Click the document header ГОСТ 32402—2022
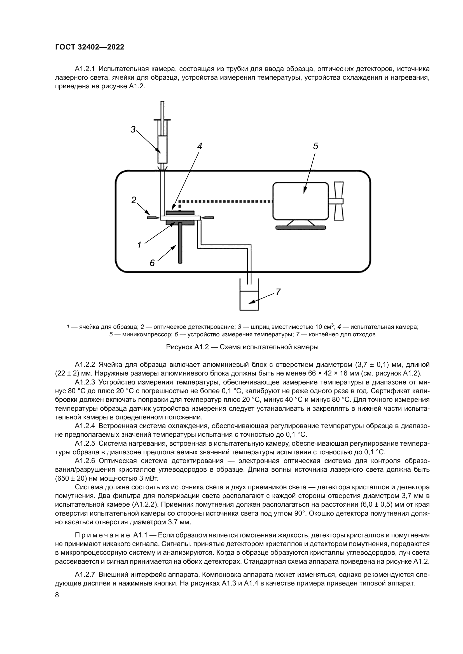tap(90, 47)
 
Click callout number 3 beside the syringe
tap(133, 129)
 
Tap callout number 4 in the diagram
tap(200, 146)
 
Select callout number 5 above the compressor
tap(315, 146)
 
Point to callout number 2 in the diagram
tap(134, 200)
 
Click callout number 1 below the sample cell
tap(139, 245)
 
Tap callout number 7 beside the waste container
tap(278, 292)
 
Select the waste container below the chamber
tap(249, 301)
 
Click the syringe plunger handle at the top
tap(162, 119)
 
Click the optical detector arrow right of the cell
tap(207, 218)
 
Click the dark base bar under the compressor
tap(301, 228)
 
